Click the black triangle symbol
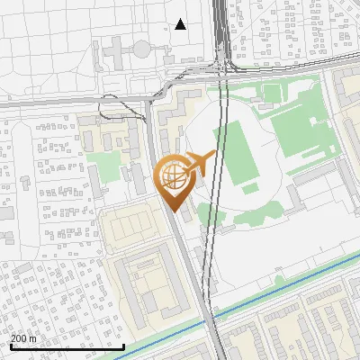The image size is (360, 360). click(x=180, y=24)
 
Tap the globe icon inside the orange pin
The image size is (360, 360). click(x=173, y=176)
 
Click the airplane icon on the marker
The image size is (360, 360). click(x=200, y=162)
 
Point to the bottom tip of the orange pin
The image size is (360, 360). click(x=173, y=212)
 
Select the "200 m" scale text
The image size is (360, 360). click(x=23, y=338)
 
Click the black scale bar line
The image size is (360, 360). click(x=67, y=346)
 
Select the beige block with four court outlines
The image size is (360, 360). click(x=135, y=229)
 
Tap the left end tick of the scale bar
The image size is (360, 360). click(x=10, y=345)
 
